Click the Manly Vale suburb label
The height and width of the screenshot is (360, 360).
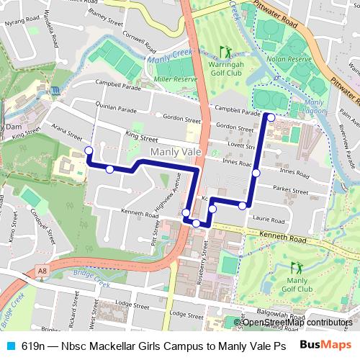coord(177,152)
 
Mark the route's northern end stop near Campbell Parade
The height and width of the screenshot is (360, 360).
coord(271,117)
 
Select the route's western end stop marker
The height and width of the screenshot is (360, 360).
coord(89,150)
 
